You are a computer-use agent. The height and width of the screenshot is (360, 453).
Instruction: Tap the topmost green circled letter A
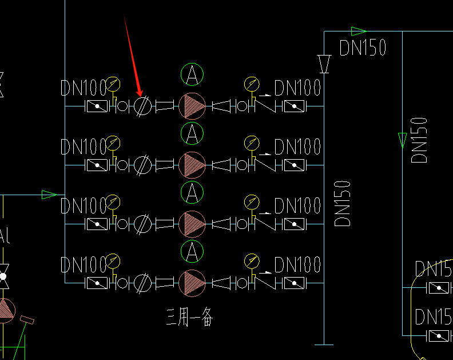coord(192,74)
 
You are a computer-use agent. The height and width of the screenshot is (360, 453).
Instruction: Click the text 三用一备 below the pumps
coord(189,316)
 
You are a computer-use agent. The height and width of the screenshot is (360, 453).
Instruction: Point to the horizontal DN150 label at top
coord(363,48)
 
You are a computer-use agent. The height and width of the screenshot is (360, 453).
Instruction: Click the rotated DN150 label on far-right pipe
coord(419,140)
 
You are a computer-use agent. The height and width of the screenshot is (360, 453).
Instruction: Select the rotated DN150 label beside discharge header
coord(342,203)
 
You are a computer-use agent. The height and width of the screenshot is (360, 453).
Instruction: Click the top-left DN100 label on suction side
coord(84,88)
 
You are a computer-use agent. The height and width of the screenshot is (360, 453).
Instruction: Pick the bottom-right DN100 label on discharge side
coord(297,265)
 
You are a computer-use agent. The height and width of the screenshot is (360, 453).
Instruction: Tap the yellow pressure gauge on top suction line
coord(113,85)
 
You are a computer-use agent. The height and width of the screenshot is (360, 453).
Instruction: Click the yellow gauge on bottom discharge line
coord(251,262)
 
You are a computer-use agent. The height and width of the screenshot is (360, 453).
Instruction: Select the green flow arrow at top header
coord(358,31)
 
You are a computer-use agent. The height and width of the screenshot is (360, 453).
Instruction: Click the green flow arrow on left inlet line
coord(49,195)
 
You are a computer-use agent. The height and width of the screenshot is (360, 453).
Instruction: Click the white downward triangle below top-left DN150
coord(324,64)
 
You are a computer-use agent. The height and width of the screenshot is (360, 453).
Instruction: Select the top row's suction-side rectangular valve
coord(97,106)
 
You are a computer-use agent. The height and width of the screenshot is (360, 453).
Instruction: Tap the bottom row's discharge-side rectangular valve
coord(295,283)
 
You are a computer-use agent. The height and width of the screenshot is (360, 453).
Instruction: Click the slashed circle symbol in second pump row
coord(143,165)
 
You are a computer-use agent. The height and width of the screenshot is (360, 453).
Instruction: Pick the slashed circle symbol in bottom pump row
coord(143,283)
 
